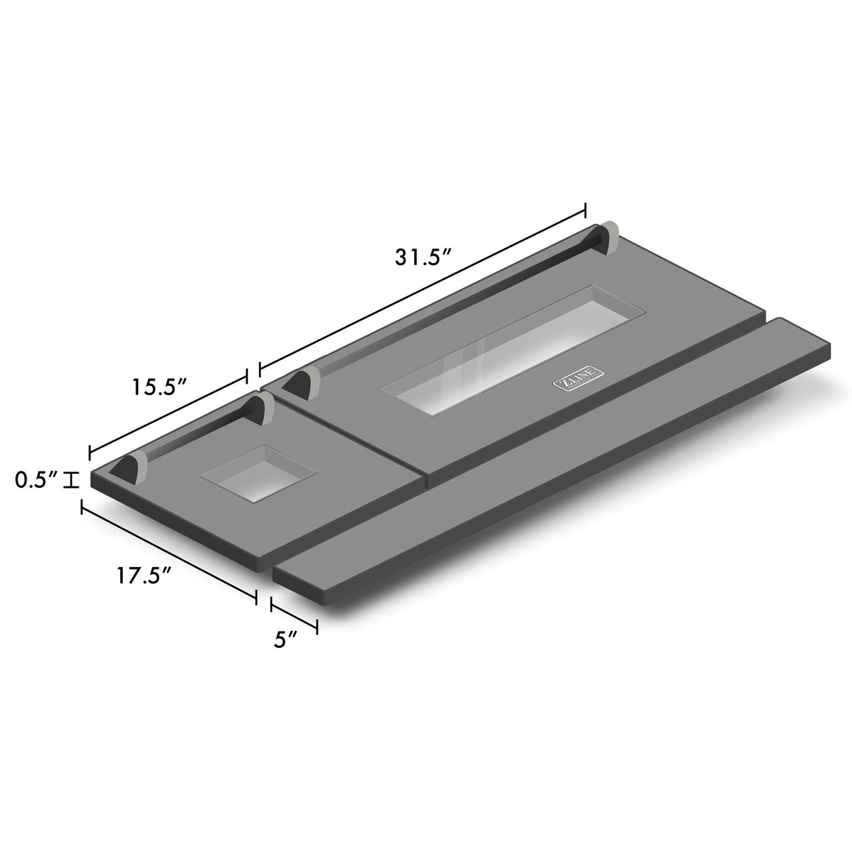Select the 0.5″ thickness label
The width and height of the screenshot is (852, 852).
point(34,480)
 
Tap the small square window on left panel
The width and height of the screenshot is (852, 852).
point(258,472)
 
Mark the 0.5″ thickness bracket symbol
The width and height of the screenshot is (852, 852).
point(71,481)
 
